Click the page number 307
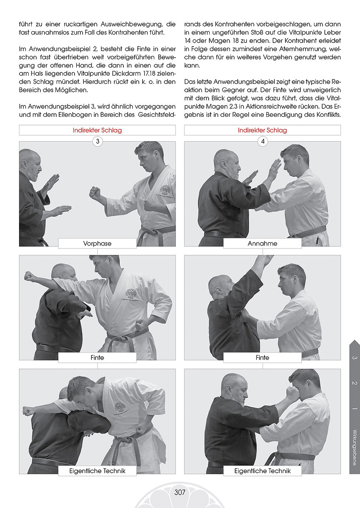pos(180,492)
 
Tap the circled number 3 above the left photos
pos(98,141)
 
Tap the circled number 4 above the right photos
pos(263,141)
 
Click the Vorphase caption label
pos(97,243)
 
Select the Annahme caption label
pos(262,243)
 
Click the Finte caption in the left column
pos(97,357)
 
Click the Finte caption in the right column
pos(262,357)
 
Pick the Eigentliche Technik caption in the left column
pos(97,471)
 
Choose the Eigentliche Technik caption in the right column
pos(262,471)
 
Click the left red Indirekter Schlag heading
pos(97,130)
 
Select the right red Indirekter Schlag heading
pos(262,130)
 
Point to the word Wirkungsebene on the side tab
pos(354,447)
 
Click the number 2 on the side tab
pos(354,383)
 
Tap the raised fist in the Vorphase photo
pos(95,193)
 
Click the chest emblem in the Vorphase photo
pos(166,191)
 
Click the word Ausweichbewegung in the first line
pos(132,24)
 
